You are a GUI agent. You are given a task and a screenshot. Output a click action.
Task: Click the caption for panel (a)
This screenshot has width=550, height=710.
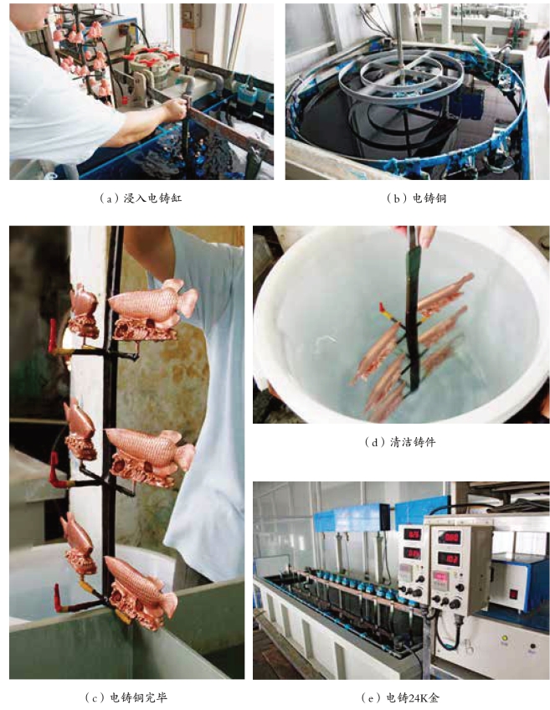click(141, 198)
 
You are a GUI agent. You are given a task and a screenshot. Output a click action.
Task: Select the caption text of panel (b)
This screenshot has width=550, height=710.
click(416, 198)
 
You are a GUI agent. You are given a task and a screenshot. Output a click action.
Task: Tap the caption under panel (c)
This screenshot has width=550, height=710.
click(126, 697)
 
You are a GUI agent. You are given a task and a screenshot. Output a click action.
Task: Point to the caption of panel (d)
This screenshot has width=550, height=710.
click(400, 441)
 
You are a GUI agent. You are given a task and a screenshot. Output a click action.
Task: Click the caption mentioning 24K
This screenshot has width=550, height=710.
click(400, 697)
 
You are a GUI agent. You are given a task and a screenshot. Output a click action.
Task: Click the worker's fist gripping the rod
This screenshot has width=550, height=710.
click(176, 109)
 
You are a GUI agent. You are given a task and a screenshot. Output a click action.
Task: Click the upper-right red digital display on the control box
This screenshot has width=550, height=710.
click(449, 538)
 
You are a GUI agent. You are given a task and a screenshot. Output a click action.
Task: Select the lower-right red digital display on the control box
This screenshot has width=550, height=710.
click(449, 558)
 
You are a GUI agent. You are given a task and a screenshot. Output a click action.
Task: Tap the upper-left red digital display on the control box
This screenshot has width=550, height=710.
click(412, 534)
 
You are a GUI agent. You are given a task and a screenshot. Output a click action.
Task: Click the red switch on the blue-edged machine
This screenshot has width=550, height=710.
click(513, 594)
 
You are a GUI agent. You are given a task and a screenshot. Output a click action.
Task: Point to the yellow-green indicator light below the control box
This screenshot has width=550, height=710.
click(505, 638)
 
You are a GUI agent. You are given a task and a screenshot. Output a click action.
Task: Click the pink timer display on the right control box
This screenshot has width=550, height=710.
click(440, 578)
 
